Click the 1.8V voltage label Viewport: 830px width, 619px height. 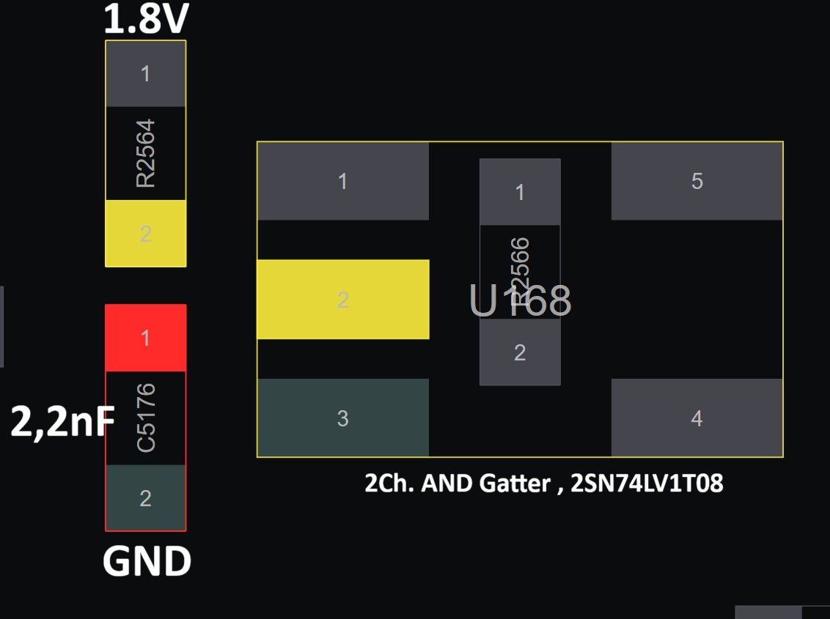click(x=146, y=19)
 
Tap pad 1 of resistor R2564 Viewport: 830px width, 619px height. click(x=146, y=73)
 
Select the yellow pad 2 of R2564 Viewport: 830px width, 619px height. click(x=146, y=233)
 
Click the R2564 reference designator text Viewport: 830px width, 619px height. click(x=146, y=153)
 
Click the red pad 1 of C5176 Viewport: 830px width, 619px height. click(x=146, y=338)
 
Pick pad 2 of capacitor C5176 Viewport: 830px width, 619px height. click(x=146, y=497)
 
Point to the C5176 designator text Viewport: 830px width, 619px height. click(x=146, y=418)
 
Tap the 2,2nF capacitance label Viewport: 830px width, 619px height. click(x=62, y=422)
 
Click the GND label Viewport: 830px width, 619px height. click(x=147, y=561)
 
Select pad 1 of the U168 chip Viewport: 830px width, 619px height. click(x=343, y=181)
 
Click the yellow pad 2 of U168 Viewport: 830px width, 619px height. click(x=343, y=300)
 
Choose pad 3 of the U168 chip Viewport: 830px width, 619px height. click(x=343, y=418)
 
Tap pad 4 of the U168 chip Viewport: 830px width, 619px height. click(x=697, y=418)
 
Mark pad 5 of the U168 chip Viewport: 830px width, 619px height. click(x=697, y=181)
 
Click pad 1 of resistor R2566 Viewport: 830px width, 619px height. click(x=520, y=192)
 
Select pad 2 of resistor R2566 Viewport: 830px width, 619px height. click(x=520, y=352)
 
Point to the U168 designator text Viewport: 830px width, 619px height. click(x=521, y=300)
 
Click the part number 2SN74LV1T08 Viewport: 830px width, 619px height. click(x=647, y=483)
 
